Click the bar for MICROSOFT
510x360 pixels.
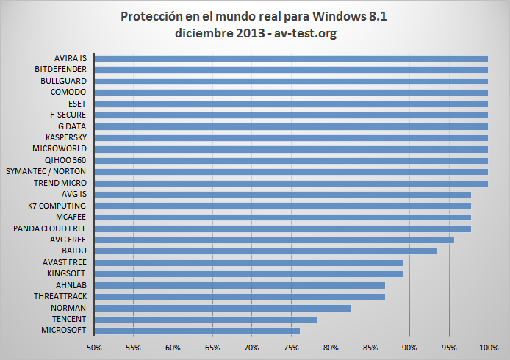click(197, 331)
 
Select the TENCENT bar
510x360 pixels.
click(206, 319)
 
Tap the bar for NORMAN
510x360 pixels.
click(223, 308)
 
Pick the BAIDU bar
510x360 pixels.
click(265, 251)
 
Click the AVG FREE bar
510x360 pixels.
click(274, 240)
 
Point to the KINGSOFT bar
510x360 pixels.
click(248, 274)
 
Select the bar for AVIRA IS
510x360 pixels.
click(291, 58)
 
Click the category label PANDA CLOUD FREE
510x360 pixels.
click(50, 228)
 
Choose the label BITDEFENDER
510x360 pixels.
click(61, 69)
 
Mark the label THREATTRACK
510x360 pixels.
click(60, 296)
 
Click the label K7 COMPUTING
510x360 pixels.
click(57, 206)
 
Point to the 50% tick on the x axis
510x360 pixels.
click(94, 346)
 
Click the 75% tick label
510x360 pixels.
click(292, 346)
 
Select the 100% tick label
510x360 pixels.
click(489, 346)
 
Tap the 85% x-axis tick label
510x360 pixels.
click(370, 346)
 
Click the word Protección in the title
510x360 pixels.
click(151, 16)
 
